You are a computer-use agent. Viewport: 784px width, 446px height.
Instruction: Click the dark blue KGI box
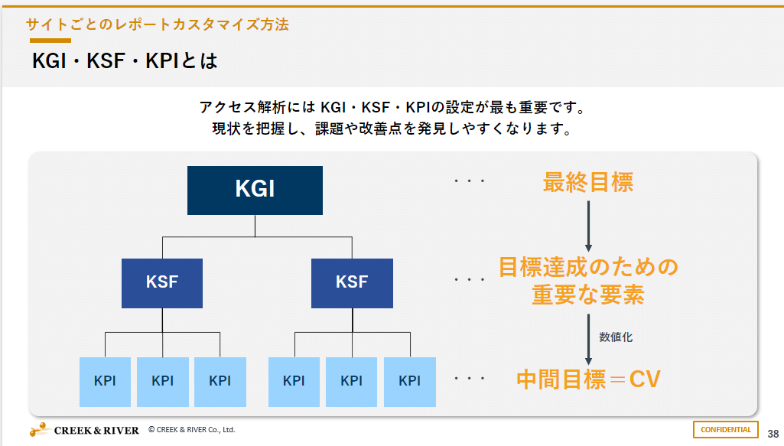coord(255,189)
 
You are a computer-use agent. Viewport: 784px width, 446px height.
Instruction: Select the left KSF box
coord(161,283)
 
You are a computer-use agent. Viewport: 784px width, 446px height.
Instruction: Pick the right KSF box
coord(352,283)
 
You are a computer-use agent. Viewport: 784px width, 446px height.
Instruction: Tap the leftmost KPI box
coord(105,381)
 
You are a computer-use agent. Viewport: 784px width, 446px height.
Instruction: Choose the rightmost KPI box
coord(410,381)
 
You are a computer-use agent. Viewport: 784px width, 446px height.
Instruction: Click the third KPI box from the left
coord(220,381)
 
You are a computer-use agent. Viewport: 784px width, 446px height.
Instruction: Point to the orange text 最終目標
coord(587,183)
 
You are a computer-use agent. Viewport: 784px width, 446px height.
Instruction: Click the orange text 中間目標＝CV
coord(587,379)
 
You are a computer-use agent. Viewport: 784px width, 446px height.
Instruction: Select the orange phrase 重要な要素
coord(587,295)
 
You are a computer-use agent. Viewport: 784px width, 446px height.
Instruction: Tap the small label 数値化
coord(616,337)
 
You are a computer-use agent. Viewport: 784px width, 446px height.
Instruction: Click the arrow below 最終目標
coord(588,226)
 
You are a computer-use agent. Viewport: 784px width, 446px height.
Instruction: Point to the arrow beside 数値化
coord(588,339)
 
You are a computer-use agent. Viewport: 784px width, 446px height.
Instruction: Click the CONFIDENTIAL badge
coord(726,430)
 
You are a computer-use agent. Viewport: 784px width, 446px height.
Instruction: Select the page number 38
coord(773,432)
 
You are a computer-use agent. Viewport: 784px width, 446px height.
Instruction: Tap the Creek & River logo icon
coord(41,430)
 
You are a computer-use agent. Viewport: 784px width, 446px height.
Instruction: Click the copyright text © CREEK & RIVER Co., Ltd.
coord(191,430)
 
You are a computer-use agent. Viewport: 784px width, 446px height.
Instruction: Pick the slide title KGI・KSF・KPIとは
coord(125,60)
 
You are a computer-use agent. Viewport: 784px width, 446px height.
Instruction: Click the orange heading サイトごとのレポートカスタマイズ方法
coord(158,24)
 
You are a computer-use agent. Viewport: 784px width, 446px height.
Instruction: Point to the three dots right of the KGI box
coord(470,182)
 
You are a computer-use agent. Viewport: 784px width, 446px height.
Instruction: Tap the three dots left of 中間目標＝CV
coord(470,379)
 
